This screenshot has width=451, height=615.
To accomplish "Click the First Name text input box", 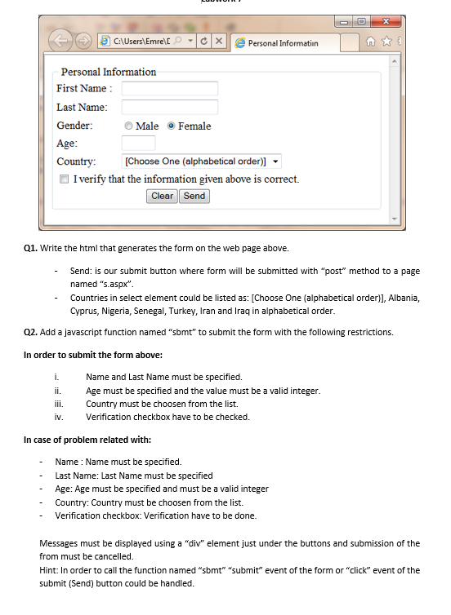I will point(169,88).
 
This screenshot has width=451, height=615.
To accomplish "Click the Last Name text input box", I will point(169,107).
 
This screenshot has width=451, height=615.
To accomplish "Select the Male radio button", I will point(129,126).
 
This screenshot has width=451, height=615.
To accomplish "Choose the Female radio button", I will point(171,126).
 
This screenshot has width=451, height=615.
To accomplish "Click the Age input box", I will point(138,144).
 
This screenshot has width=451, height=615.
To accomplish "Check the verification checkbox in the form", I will point(65,179).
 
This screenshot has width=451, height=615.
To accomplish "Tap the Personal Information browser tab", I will point(282,42).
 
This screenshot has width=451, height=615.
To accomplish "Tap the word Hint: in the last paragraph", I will point(49,570).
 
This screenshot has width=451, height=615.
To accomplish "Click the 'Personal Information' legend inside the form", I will point(109,72).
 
